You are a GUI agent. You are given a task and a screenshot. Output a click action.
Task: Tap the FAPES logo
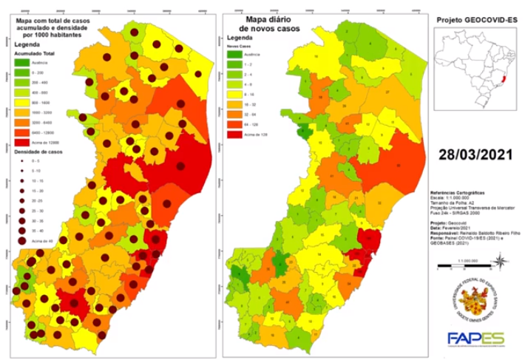(x=476, y=339)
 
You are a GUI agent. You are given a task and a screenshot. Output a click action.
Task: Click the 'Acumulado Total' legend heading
(x=35, y=53)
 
